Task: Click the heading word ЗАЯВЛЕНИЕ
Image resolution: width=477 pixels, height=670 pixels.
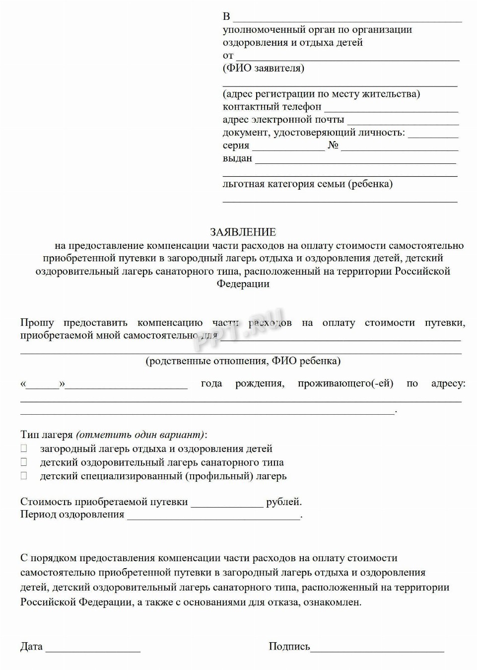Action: click(x=243, y=232)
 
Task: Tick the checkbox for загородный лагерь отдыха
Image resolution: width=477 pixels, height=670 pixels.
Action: click(x=24, y=448)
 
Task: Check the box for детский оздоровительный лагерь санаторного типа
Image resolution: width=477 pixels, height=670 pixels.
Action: click(x=24, y=462)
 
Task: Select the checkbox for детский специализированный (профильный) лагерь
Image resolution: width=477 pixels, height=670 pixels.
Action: click(x=24, y=476)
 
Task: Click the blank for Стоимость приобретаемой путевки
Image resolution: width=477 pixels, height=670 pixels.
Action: click(x=227, y=505)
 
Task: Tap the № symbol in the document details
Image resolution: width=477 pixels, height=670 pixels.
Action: click(x=333, y=146)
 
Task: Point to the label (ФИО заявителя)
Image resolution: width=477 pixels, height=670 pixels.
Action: click(x=264, y=68)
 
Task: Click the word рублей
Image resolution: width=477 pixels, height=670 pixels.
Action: click(x=283, y=502)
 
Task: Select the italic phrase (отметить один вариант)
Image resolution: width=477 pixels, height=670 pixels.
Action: click(x=140, y=435)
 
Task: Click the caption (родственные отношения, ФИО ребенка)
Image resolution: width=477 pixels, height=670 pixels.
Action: click(x=243, y=361)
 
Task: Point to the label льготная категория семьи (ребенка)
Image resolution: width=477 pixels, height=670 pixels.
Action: click(x=307, y=184)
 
